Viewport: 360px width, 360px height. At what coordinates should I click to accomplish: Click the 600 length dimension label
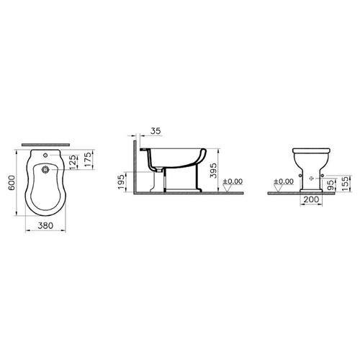[12, 183]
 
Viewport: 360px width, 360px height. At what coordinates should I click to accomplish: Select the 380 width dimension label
[45, 225]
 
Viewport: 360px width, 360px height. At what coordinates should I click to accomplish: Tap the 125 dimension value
[74, 161]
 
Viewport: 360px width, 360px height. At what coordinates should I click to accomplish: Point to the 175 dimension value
[88, 159]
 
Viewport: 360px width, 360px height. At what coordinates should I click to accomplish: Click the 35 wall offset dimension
[156, 131]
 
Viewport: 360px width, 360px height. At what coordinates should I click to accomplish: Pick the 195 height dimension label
[121, 182]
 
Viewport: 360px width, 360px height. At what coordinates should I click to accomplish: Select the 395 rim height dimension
[213, 171]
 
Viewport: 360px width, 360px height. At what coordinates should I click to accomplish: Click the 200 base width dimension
[311, 199]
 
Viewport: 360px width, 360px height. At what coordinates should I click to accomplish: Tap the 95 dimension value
[331, 185]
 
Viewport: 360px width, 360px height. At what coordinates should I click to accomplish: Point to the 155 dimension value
[345, 184]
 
